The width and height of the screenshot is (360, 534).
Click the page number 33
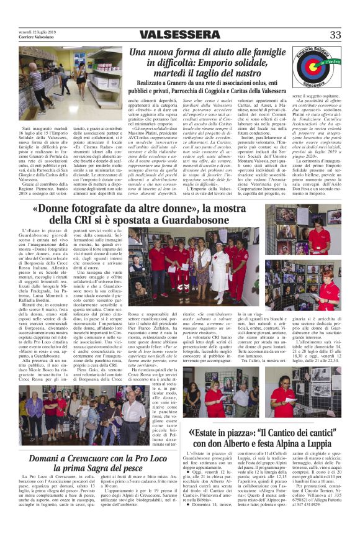click(335, 35)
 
